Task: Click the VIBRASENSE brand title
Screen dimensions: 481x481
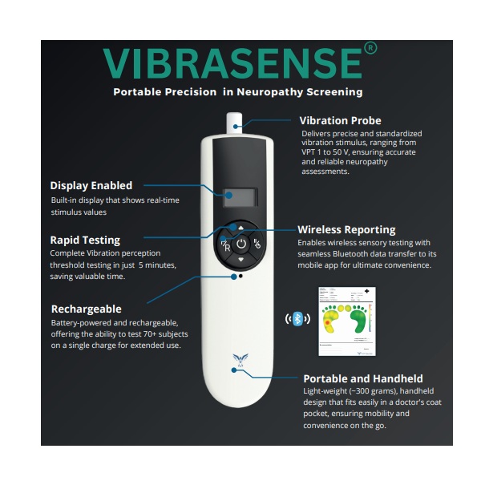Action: (232, 63)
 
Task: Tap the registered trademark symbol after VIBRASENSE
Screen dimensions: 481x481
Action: (370, 48)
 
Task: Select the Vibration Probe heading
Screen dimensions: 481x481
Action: (340, 120)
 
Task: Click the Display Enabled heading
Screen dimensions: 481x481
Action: (91, 186)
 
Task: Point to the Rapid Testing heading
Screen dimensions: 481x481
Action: (85, 240)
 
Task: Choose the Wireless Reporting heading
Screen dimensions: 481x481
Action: (346, 230)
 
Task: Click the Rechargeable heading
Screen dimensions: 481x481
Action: (87, 309)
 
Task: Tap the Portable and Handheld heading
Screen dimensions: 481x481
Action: (363, 378)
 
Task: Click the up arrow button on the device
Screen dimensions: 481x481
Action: (241, 228)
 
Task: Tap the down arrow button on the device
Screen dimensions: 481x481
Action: (241, 260)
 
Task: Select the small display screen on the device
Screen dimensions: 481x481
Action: (240, 197)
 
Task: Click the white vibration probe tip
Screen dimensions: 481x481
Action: (234, 123)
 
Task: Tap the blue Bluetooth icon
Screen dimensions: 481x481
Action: (297, 319)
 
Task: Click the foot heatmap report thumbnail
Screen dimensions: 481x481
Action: (347, 321)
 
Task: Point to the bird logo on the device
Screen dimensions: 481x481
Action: (240, 360)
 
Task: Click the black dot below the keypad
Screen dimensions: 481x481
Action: (240, 276)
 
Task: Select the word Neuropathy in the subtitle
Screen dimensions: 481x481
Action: (269, 92)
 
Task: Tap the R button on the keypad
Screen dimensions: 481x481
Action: (226, 246)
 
